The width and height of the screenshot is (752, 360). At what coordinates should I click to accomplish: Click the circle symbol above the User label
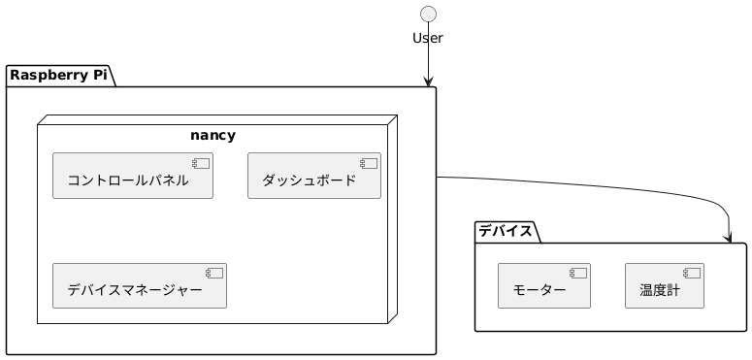tap(427, 14)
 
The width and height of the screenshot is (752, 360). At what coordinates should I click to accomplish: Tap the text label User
tap(427, 39)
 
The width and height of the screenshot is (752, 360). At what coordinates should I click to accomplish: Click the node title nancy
tap(213, 135)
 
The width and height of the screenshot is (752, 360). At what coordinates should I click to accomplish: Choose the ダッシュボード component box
tap(314, 176)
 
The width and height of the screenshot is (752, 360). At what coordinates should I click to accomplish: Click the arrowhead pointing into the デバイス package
tap(728, 238)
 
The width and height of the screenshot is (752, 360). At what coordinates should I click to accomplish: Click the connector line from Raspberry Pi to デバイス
tap(582, 185)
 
